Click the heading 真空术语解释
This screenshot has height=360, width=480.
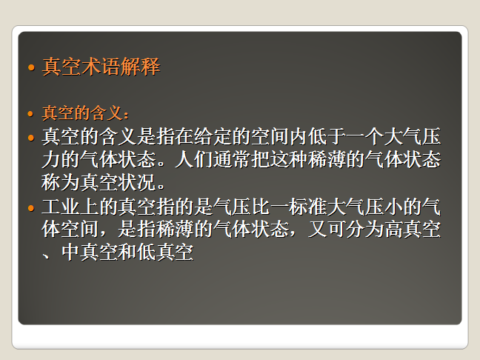(101, 67)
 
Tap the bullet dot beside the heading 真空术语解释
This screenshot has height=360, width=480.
(30, 68)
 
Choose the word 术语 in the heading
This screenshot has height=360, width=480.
(101, 67)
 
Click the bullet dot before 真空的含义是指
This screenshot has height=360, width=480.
(30, 138)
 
